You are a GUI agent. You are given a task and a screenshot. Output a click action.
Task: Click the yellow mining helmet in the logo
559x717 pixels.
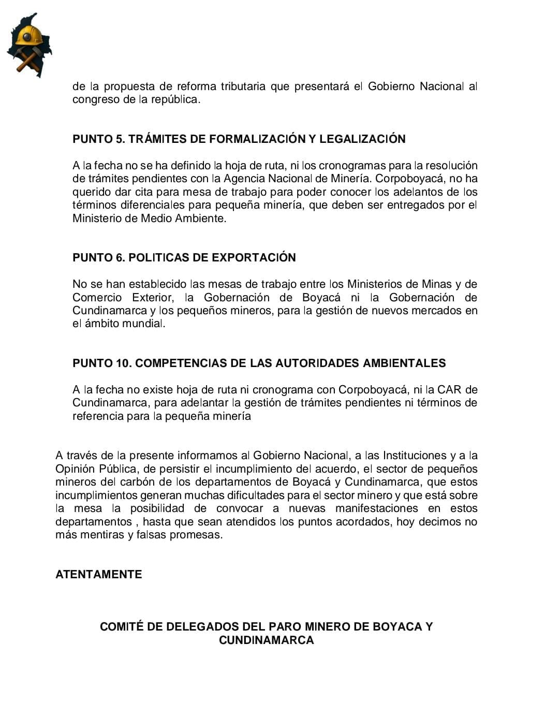(29, 35)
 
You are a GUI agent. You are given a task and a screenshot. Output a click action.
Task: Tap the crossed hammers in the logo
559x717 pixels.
(28, 58)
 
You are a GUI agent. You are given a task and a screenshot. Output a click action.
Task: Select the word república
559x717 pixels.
(175, 99)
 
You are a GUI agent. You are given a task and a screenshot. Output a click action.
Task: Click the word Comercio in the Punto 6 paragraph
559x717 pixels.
(97, 297)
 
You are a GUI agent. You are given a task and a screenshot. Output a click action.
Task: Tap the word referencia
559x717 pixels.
(98, 416)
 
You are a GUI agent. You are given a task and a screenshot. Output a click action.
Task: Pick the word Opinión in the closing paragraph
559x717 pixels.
(75, 469)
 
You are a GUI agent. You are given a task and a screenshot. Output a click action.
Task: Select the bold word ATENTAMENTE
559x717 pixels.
(98, 574)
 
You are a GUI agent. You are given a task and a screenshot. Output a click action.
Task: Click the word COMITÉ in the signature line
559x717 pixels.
(121, 626)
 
